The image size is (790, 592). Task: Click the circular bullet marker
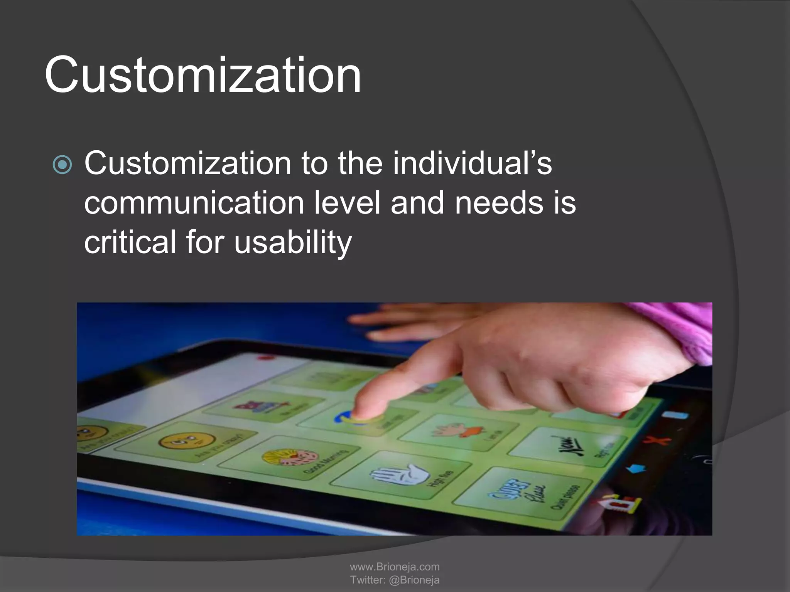tap(62, 165)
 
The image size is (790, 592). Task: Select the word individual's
tap(473, 163)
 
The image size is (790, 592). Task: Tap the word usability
tap(293, 243)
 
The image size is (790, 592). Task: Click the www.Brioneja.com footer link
tap(395, 567)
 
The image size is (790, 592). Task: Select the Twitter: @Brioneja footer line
tap(395, 580)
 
